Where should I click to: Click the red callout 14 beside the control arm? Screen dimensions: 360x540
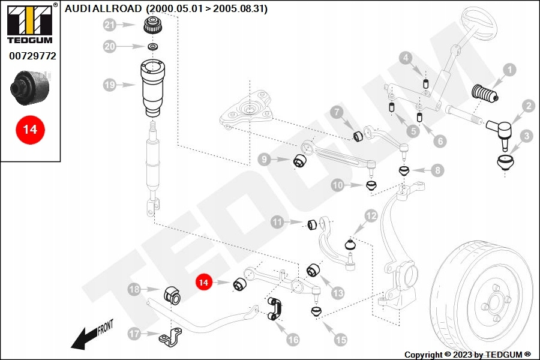click(x=204, y=281)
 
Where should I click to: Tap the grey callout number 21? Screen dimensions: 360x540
click(x=109, y=25)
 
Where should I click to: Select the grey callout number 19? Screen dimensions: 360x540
click(x=109, y=85)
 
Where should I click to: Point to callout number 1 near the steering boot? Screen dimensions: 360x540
click(x=509, y=70)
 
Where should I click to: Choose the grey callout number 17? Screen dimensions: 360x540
click(x=134, y=334)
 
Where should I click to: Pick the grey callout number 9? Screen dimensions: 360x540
click(x=265, y=159)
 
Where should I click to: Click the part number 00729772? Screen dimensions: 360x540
click(x=32, y=56)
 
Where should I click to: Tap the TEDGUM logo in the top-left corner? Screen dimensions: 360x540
click(x=29, y=25)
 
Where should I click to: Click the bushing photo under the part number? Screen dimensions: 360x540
click(x=31, y=86)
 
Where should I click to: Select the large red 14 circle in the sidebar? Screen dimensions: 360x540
click(x=30, y=130)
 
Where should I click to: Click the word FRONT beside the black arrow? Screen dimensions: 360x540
click(x=104, y=328)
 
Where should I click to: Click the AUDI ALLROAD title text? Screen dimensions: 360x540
click(x=166, y=9)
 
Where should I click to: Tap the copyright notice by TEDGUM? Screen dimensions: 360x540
click(x=467, y=354)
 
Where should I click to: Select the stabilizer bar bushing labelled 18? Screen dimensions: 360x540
click(x=172, y=295)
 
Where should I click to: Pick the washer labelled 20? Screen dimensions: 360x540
click(x=153, y=47)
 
